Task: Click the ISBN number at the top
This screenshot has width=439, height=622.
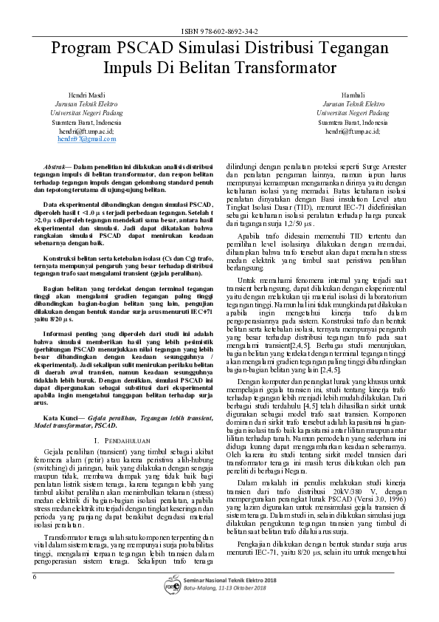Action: coord(219,33)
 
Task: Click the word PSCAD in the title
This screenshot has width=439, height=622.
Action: coord(141,49)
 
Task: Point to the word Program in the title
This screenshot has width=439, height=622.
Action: coord(80,49)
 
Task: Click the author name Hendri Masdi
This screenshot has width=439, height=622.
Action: coord(86,96)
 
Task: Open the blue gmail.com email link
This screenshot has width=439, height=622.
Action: coord(86,138)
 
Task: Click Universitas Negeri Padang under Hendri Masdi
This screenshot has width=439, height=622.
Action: coord(86,113)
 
